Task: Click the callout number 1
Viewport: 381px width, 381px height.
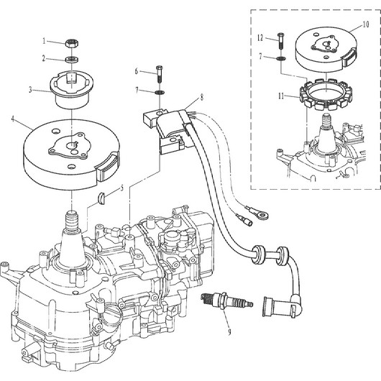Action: click(44, 41)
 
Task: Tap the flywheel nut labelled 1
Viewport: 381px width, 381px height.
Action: click(73, 44)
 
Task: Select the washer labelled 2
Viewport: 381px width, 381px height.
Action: click(73, 59)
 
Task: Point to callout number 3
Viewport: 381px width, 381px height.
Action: click(30, 90)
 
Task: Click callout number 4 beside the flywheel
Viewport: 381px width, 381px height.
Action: click(14, 119)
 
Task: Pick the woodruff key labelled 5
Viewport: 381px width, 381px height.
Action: click(101, 197)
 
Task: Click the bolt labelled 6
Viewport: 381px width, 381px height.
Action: click(160, 74)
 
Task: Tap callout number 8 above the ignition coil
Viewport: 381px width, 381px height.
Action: click(202, 98)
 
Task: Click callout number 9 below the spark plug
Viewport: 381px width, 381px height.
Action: click(229, 332)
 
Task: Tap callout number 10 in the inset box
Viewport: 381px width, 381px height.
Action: click(366, 24)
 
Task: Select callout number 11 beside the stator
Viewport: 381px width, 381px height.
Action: click(281, 96)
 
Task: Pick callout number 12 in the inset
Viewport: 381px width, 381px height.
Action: click(260, 37)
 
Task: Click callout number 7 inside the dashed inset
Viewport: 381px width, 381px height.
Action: click(261, 56)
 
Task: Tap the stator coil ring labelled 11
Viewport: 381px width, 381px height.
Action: click(326, 94)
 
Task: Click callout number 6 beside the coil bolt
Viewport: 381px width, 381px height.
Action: click(137, 71)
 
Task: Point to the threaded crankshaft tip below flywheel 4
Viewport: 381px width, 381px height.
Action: click(72, 220)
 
